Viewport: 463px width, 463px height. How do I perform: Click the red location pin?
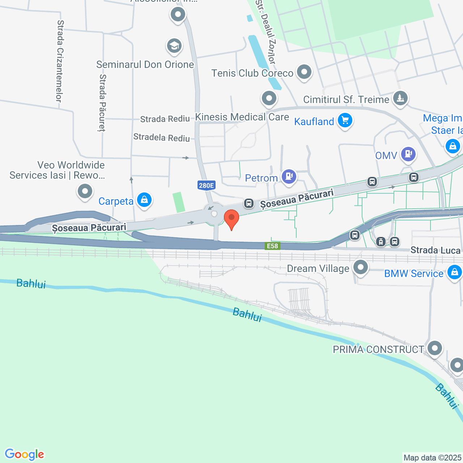click(231, 218)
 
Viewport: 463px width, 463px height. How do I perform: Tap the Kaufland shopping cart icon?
click(345, 120)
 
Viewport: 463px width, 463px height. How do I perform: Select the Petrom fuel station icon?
click(289, 177)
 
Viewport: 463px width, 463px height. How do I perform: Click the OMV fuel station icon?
click(408, 154)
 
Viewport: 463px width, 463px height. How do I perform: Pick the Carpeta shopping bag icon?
click(144, 200)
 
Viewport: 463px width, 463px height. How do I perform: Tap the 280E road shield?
click(207, 186)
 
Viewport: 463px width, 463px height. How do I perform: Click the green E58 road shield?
click(272, 246)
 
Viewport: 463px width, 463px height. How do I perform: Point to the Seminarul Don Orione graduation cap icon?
click(174, 46)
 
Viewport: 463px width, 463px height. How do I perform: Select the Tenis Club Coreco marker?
click(304, 72)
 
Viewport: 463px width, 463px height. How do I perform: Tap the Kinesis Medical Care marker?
click(269, 98)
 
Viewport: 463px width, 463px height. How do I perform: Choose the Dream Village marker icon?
click(360, 268)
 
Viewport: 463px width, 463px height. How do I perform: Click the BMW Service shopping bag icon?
click(454, 272)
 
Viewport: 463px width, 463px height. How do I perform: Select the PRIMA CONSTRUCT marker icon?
click(435, 348)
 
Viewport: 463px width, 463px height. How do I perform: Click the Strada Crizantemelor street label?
click(60, 61)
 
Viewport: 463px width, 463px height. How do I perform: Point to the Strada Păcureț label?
click(103, 103)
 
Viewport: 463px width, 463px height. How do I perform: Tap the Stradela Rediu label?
click(162, 137)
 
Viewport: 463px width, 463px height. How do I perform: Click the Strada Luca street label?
click(436, 250)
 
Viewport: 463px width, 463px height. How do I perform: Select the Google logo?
click(25, 454)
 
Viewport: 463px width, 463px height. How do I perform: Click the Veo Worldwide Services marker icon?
click(85, 191)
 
